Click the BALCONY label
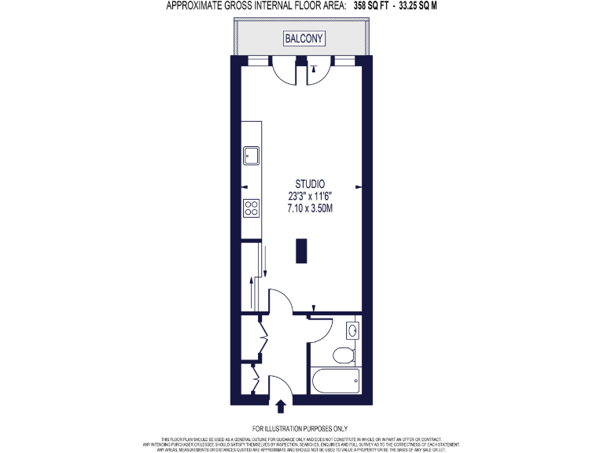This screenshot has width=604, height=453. pyautogui.click(x=304, y=38)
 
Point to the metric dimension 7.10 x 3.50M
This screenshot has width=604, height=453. pyautogui.click(x=304, y=209)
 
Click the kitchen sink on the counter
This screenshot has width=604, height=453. pyautogui.click(x=252, y=154)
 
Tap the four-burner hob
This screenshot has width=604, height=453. pyautogui.click(x=252, y=208)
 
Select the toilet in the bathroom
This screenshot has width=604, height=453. pyautogui.click(x=344, y=355)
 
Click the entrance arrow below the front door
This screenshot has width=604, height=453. pyautogui.click(x=282, y=406)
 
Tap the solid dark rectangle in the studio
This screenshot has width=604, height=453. pyautogui.click(x=300, y=250)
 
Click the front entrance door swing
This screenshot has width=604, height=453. pyautogui.click(x=280, y=387)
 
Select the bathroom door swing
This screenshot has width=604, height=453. pyautogui.click(x=322, y=328)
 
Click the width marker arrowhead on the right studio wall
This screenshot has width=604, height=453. pyautogui.click(x=359, y=186)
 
